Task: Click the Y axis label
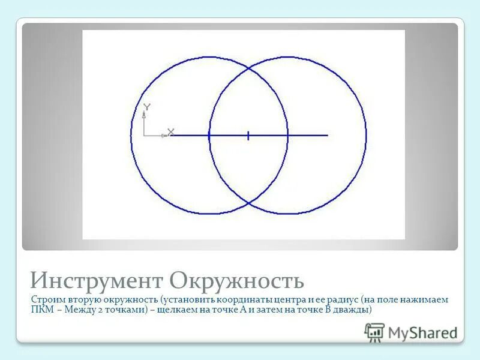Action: click(x=147, y=107)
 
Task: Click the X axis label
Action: click(x=170, y=131)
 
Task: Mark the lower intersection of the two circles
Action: click(x=248, y=203)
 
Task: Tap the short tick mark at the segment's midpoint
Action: click(x=248, y=136)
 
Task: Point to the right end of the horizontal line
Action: click(x=328, y=136)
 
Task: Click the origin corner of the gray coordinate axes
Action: click(x=145, y=136)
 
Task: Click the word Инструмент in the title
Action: click(x=96, y=280)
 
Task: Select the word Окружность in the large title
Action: click(x=237, y=280)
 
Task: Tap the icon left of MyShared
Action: click(x=374, y=332)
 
